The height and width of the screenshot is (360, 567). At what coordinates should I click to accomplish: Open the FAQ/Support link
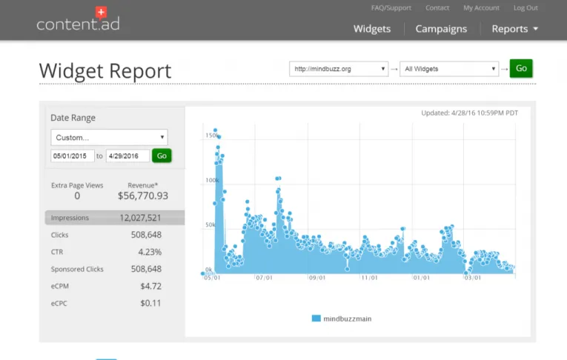391,8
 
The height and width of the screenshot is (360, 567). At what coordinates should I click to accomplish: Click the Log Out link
525,8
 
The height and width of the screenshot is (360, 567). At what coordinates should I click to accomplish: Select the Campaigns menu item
441,29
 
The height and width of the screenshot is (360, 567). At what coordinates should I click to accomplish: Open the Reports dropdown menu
514,29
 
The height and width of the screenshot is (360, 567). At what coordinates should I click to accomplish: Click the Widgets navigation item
372,29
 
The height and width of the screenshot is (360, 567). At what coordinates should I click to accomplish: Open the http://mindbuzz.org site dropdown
339,69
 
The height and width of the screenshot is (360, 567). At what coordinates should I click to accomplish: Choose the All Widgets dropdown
449,69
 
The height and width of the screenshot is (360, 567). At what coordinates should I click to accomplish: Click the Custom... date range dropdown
109,137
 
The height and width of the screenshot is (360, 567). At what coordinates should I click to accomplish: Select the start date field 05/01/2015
72,156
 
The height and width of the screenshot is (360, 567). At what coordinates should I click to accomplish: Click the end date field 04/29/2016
127,156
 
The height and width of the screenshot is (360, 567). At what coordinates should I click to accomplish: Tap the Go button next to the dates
162,156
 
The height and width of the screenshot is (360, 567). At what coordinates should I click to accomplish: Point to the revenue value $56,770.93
143,196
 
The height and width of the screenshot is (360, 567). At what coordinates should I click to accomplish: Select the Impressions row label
70,218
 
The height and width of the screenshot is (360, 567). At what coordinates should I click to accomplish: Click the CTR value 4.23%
150,252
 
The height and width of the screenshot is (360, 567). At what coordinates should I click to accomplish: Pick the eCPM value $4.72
150,286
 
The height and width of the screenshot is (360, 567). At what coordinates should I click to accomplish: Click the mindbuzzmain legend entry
342,319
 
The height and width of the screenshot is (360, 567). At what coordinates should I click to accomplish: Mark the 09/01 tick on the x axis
317,279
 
